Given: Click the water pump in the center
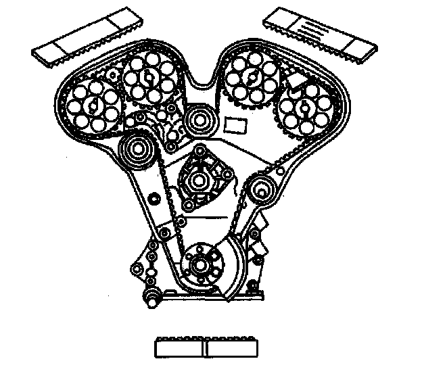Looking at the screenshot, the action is [199, 179].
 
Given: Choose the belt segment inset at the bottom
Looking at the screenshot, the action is [206, 347].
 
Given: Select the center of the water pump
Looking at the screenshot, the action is [199, 180].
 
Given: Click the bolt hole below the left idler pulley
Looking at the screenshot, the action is [152, 197].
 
